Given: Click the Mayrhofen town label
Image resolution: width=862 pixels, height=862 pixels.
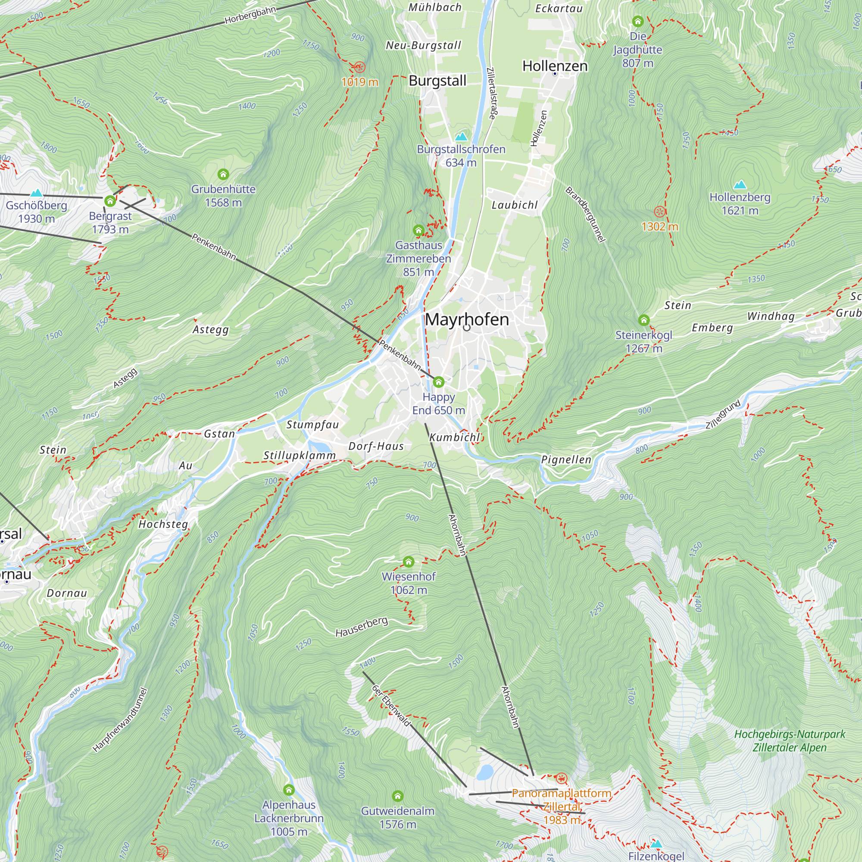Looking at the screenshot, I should [467, 319].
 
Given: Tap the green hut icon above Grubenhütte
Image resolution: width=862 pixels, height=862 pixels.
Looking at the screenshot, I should [223, 174].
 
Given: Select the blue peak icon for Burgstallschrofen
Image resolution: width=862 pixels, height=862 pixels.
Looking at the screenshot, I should [461, 136].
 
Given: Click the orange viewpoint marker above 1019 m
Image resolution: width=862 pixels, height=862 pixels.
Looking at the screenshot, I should [359, 67].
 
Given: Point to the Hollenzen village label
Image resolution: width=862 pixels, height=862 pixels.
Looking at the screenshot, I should [555, 66].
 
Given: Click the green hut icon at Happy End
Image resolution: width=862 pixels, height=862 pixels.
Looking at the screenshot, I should [439, 382].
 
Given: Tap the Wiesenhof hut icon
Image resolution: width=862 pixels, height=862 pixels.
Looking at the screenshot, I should [408, 561].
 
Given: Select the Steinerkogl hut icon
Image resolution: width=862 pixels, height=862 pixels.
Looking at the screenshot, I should [643, 320].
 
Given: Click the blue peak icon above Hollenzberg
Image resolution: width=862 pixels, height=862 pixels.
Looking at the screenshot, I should [740, 184].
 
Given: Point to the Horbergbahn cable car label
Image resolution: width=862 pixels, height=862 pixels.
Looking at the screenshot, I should [250, 15].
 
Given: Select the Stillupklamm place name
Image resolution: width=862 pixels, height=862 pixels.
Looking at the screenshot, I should [300, 456].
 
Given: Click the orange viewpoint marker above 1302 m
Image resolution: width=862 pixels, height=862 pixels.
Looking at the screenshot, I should [659, 212].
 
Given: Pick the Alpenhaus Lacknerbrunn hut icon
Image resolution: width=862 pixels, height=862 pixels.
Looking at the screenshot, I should [289, 790].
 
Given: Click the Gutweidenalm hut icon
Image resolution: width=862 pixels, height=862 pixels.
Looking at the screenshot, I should [397, 796].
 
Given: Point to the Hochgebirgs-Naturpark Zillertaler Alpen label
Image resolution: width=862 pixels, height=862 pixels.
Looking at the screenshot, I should [789, 740].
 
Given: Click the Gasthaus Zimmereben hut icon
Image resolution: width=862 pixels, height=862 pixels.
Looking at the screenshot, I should [418, 230].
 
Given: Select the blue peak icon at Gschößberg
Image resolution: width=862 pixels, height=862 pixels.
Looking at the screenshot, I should [36, 193].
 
